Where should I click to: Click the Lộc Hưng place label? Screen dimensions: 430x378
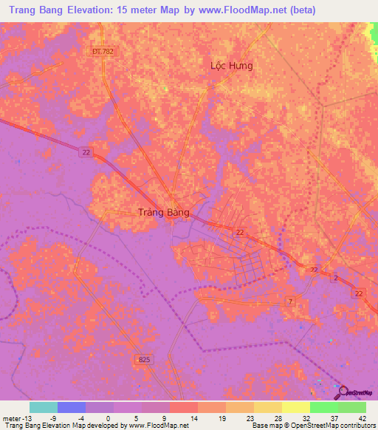(x=231, y=66)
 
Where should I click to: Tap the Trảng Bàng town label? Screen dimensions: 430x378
(x=164, y=212)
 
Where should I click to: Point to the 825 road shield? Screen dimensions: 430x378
(x=145, y=359)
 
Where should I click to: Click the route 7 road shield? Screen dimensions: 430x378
(x=290, y=302)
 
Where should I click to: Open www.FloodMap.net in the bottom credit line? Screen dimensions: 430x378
(x=157, y=425)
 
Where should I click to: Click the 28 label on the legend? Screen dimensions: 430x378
(x=268, y=417)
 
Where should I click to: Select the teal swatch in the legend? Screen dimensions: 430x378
(x=44, y=407)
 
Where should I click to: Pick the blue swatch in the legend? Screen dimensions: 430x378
(x=72, y=407)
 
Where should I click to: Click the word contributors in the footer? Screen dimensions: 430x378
(x=356, y=425)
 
